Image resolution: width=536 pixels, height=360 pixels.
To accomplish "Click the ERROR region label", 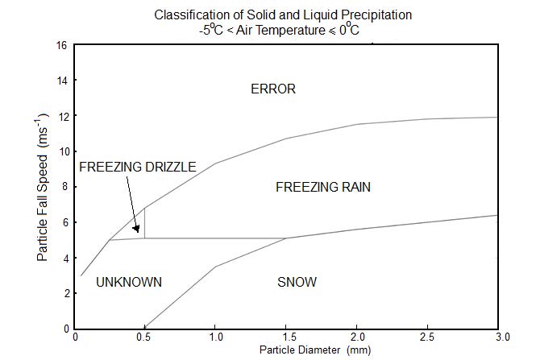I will tap(273, 89).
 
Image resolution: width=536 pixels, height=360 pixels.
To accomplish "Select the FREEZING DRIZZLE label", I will tap(137, 168).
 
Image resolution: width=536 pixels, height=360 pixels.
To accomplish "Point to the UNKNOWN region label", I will tap(129, 283).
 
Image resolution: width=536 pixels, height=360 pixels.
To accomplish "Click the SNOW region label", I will tap(297, 283).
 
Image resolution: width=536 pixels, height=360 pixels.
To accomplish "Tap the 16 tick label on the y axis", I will tap(61, 45).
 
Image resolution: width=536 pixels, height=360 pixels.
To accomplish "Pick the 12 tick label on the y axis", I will tap(61, 116).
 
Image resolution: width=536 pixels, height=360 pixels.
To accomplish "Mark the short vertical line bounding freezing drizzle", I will tap(144, 223).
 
